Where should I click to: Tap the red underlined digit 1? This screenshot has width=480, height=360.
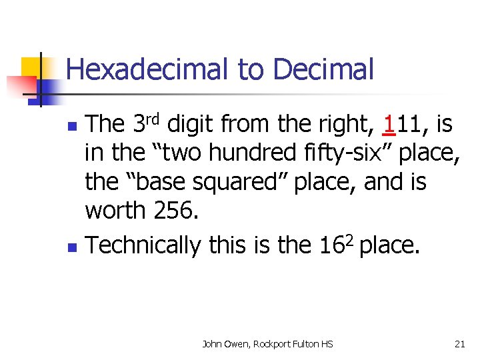point(389,123)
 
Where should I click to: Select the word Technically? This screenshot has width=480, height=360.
point(143,246)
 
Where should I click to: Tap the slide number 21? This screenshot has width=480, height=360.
point(459,344)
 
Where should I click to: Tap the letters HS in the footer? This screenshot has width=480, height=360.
point(325,344)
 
